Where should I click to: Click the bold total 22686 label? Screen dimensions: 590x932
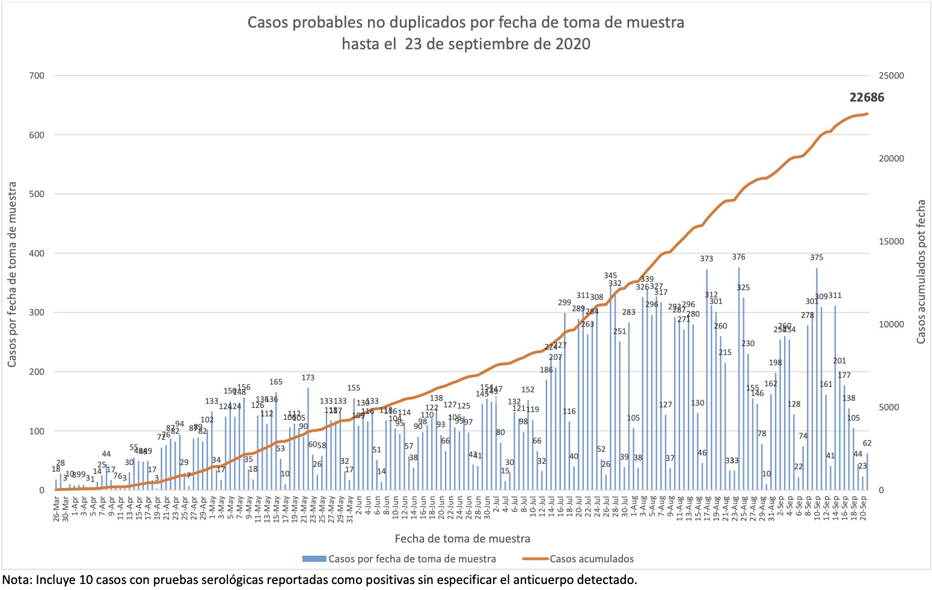pyautogui.click(x=866, y=97)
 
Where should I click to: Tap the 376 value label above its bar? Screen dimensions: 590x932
pyautogui.click(x=738, y=257)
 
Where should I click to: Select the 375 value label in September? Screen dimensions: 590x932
pyautogui.click(x=816, y=258)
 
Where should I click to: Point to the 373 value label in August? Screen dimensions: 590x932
pyautogui.click(x=707, y=259)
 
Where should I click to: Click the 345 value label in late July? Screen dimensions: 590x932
pyautogui.click(x=610, y=276)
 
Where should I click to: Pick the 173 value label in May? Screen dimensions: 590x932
pyautogui.click(x=308, y=378)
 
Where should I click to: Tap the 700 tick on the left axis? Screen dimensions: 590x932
pyautogui.click(x=37, y=76)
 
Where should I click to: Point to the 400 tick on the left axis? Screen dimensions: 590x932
pyautogui.click(x=37, y=254)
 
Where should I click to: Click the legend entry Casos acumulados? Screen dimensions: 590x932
pyautogui.click(x=591, y=559)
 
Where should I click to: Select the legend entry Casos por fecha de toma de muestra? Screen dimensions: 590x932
pyautogui.click(x=412, y=559)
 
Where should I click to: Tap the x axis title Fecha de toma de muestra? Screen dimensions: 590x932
pyautogui.click(x=462, y=538)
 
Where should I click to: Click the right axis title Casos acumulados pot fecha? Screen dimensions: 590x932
pyautogui.click(x=921, y=272)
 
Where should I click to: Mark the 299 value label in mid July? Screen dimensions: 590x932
pyautogui.click(x=565, y=303)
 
